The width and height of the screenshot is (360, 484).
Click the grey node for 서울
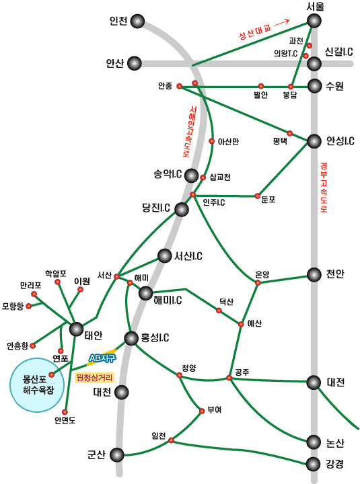(314, 21)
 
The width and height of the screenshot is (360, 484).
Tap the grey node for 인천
(137, 22)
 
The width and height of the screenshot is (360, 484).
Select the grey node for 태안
(76, 329)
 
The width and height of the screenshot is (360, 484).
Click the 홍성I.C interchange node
(131, 338)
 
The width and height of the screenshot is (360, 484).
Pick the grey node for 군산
(117, 455)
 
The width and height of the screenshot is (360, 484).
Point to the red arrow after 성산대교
(281, 22)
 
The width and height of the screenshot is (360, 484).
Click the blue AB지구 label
(102, 358)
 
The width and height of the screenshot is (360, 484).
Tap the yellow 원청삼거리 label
(95, 377)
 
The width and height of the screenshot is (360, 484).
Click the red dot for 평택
(290, 133)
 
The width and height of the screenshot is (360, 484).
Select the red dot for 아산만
(212, 141)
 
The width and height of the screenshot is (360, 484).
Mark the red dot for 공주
(229, 378)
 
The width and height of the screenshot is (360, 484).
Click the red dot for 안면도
(65, 412)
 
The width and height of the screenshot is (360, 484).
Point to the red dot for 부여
(202, 411)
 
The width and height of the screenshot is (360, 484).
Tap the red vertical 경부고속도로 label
(324, 188)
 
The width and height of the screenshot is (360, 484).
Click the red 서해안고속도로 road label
(190, 132)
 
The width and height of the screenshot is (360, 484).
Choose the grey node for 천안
(314, 274)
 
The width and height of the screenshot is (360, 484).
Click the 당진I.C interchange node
(182, 210)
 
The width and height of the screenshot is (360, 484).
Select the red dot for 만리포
(34, 294)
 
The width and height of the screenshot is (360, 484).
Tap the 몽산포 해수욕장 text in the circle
(38, 385)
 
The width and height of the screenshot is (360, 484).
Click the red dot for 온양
(258, 282)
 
